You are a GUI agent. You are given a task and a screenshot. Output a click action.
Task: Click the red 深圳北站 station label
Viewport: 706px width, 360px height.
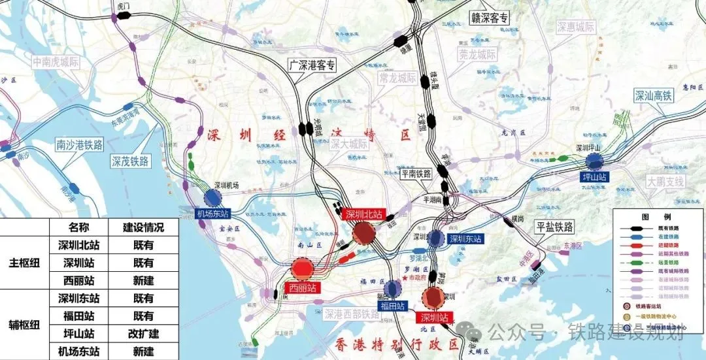363,216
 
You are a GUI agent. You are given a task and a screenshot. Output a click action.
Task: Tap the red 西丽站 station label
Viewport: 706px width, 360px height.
303,287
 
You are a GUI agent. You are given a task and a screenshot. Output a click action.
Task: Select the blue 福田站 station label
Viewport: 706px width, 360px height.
392,305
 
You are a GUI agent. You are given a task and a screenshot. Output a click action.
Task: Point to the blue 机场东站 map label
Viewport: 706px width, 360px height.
213,214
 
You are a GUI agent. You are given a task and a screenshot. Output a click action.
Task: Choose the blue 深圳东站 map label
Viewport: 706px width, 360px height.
465,239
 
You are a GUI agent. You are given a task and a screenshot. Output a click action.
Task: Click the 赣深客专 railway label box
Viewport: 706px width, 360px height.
490,18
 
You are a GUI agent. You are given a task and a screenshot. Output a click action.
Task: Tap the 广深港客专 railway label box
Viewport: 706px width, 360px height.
312,65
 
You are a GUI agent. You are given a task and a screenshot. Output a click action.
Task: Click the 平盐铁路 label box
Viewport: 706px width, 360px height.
554,227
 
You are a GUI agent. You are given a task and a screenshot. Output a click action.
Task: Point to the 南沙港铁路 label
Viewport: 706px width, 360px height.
80,145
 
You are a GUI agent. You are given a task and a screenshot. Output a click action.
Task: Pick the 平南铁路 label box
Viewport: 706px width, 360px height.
416,174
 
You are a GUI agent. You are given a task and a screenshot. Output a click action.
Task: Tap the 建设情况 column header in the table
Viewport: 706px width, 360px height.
143,227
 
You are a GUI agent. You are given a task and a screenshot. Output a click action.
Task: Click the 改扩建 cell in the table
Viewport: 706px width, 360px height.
143,333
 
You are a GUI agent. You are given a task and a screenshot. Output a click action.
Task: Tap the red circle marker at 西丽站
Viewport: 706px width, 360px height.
303,268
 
